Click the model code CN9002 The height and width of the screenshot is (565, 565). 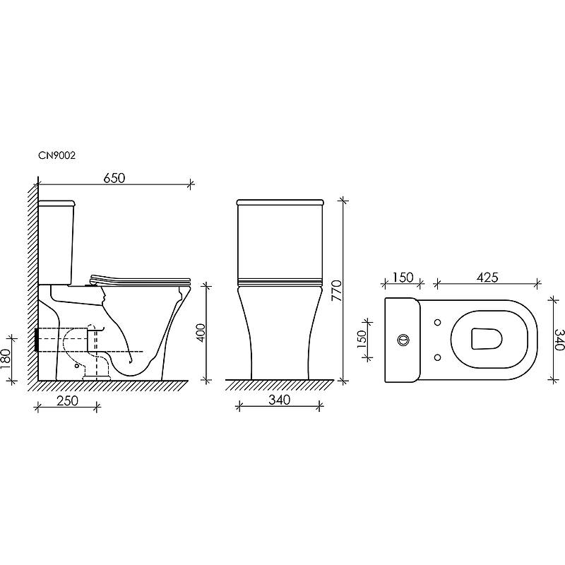(57, 155)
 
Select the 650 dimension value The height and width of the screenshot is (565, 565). (114, 178)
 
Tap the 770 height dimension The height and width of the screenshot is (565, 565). (336, 290)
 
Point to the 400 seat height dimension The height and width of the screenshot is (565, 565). (201, 333)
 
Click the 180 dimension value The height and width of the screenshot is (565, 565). (6, 359)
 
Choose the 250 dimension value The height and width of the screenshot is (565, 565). (67, 400)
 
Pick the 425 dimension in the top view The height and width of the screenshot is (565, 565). (487, 278)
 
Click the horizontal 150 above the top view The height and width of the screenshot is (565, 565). (403, 278)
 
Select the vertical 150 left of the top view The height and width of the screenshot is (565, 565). (361, 339)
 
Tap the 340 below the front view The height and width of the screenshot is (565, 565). (279, 400)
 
